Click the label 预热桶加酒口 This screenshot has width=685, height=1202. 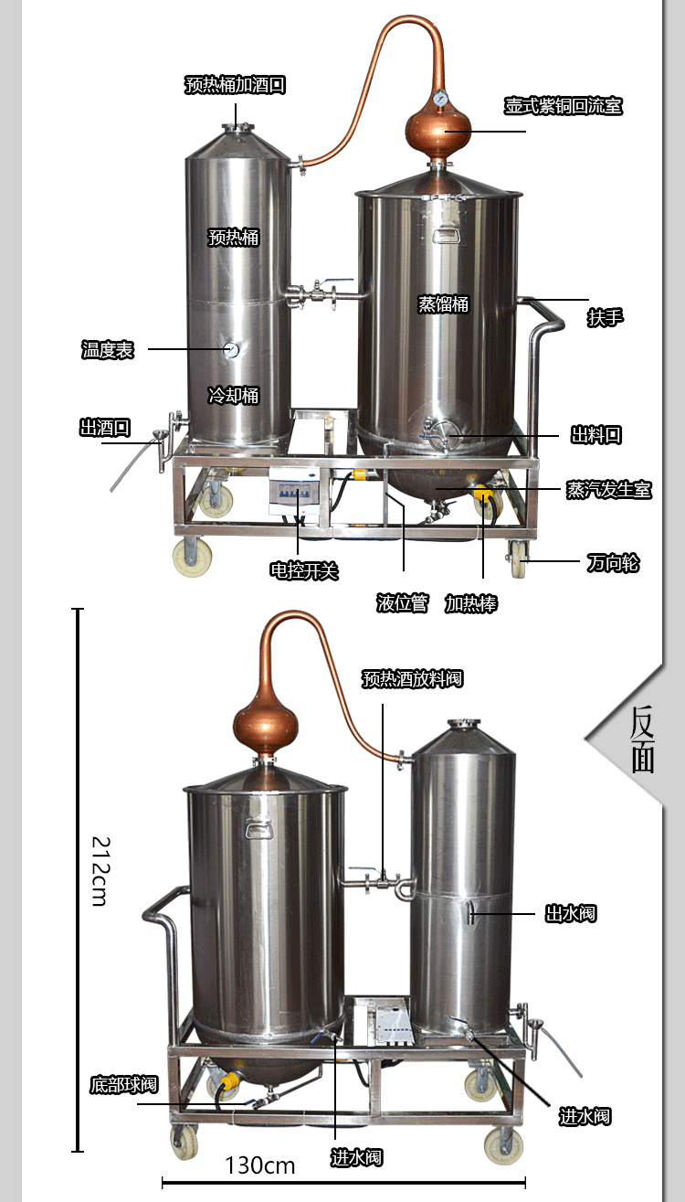point(235,84)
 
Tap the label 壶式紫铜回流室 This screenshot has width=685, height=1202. point(563,105)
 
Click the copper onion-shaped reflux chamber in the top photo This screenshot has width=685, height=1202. point(437,132)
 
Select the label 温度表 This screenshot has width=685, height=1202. point(107,349)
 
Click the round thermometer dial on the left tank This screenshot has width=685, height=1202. point(232,349)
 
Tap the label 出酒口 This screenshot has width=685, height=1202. point(105,428)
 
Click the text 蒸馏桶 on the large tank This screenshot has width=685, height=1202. point(443,303)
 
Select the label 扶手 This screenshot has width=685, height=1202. point(606,317)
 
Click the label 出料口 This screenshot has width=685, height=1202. point(596,434)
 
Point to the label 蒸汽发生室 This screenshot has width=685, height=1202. point(609,489)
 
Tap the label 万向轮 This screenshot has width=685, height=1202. point(613,563)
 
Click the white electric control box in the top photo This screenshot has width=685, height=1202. point(295,491)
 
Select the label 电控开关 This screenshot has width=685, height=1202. point(304,570)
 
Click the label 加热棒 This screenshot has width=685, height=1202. point(471,603)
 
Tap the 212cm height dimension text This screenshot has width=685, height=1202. point(100,871)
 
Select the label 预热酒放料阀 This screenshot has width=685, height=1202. point(412,679)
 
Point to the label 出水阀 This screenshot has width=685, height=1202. point(570,913)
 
